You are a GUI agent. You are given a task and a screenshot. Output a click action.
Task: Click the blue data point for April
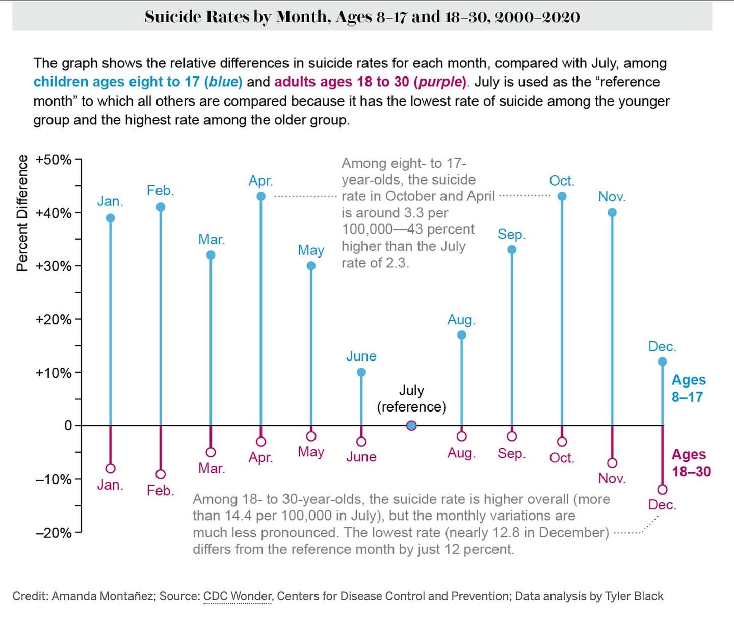[261, 196]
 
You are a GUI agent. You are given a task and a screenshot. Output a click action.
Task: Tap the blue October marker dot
[562, 196]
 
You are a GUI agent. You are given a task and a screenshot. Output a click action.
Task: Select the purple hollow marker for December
[663, 490]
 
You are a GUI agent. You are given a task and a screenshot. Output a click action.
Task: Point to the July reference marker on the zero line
[411, 426]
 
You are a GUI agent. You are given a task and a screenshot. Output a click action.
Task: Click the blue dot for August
[462, 335]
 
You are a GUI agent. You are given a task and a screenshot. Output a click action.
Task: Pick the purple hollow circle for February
[161, 474]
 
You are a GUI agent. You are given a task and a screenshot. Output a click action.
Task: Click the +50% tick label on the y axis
[53, 160]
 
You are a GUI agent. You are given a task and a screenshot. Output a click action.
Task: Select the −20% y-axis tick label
[53, 533]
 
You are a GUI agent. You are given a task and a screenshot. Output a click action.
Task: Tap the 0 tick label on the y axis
[68, 426]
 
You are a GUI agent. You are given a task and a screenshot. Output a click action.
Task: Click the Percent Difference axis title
[22, 213]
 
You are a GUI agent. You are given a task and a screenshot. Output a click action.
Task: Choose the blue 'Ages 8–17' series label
[688, 388]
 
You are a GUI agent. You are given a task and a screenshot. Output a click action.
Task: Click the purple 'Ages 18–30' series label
[691, 462]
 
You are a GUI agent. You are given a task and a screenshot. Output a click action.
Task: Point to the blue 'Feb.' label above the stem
[161, 191]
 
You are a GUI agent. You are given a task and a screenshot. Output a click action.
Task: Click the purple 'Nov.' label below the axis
[612, 479]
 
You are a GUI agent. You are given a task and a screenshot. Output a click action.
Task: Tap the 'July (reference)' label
[411, 398]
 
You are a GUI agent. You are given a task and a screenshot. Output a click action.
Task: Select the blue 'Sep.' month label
[511, 234]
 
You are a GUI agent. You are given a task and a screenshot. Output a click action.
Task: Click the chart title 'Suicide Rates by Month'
[362, 17]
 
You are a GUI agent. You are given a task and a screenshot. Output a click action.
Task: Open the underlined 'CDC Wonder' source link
[238, 596]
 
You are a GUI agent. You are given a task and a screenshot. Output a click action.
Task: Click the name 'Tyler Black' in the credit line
[634, 596]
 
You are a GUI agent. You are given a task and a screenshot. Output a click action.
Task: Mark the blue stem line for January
[111, 321]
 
